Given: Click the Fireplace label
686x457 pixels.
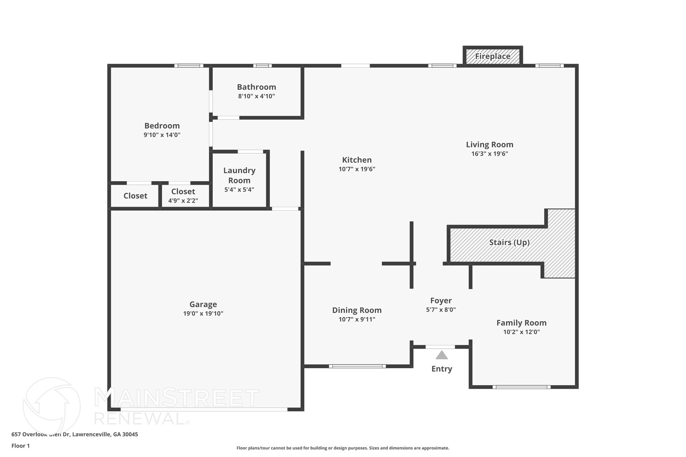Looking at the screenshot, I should (492, 56).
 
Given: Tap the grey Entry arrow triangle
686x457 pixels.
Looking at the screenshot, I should (441, 355).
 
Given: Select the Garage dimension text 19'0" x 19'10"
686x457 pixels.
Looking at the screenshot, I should (203, 314).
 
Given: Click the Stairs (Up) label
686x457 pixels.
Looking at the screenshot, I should (509, 242).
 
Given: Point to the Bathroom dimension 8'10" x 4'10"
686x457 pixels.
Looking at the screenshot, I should (256, 96).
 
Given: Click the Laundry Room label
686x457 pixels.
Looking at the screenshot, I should (239, 175).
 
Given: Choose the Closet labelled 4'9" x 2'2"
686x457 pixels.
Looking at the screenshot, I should (183, 192).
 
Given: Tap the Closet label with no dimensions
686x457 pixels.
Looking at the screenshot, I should (135, 196).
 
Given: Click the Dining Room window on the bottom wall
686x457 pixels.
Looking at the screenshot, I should (357, 366).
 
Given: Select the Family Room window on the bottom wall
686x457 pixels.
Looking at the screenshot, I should (521, 387).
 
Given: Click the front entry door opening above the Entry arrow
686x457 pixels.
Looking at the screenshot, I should (440, 347).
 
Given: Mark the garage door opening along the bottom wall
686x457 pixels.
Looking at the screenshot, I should (204, 409).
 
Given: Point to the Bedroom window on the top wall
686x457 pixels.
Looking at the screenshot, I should (189, 66).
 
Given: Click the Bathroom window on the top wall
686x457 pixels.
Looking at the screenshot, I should (262, 66).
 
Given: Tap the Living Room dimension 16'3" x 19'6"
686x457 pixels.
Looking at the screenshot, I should (489, 154).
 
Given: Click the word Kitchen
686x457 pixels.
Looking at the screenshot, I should (357, 160).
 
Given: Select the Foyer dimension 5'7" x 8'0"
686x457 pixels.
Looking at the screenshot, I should (441, 310).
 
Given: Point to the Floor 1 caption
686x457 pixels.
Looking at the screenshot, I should (20, 446).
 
